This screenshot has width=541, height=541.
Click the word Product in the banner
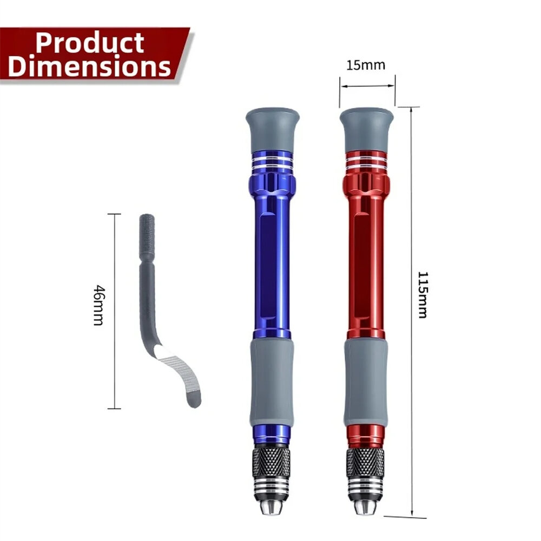90,43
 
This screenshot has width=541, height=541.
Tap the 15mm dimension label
366,65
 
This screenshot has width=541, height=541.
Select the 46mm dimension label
99,305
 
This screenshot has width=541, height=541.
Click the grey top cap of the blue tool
273,129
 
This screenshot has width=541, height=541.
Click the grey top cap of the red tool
366,130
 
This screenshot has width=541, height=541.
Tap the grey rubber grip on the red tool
366,383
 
